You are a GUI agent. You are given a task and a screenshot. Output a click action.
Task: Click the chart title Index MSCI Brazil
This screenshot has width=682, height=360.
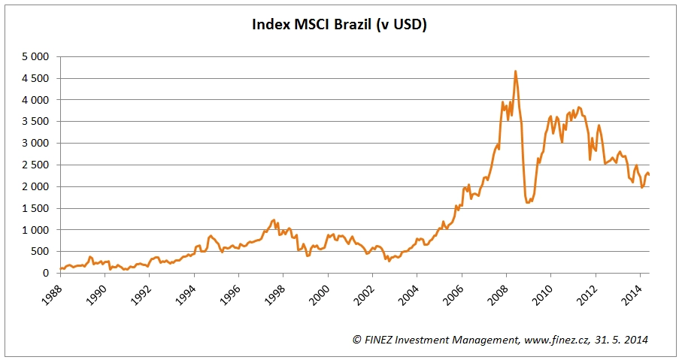coord(339,25)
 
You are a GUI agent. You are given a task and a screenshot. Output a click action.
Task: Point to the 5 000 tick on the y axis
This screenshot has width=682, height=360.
coord(35,56)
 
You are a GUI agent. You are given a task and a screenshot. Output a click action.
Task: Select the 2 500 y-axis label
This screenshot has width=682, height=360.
coord(35,165)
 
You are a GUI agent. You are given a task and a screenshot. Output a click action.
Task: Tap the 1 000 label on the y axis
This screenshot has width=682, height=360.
coord(35,230)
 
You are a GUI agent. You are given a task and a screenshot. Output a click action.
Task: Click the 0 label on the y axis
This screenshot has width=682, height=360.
coord(46,274)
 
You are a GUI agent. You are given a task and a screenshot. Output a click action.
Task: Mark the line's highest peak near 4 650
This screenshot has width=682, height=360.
coord(515,71)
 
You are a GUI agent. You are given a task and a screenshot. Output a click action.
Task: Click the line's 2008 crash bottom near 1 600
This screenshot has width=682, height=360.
coord(528,203)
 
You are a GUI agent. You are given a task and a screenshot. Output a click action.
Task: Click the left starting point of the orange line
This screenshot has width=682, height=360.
coord(60,268)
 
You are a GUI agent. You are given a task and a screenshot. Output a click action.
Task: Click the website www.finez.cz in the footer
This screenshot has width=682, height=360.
coord(555,340)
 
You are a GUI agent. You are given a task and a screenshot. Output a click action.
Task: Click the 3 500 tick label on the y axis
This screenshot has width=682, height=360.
coord(35,122)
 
